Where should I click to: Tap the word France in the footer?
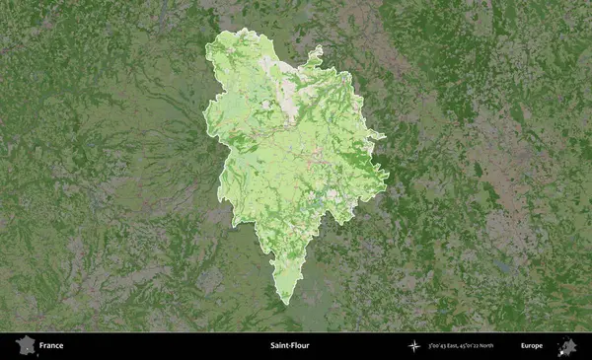[51, 346]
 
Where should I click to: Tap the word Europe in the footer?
[532, 346]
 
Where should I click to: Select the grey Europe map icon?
[566, 346]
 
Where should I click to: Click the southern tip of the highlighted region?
[284, 302]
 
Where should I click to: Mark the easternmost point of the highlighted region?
[388, 178]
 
